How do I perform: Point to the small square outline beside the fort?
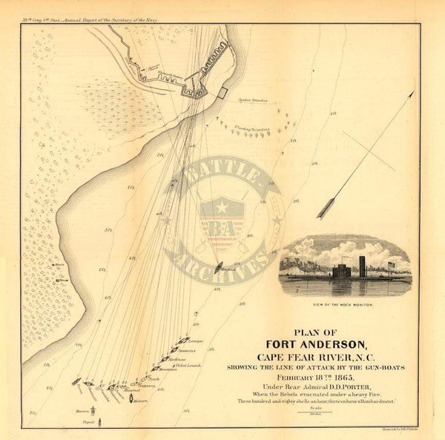222,92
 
